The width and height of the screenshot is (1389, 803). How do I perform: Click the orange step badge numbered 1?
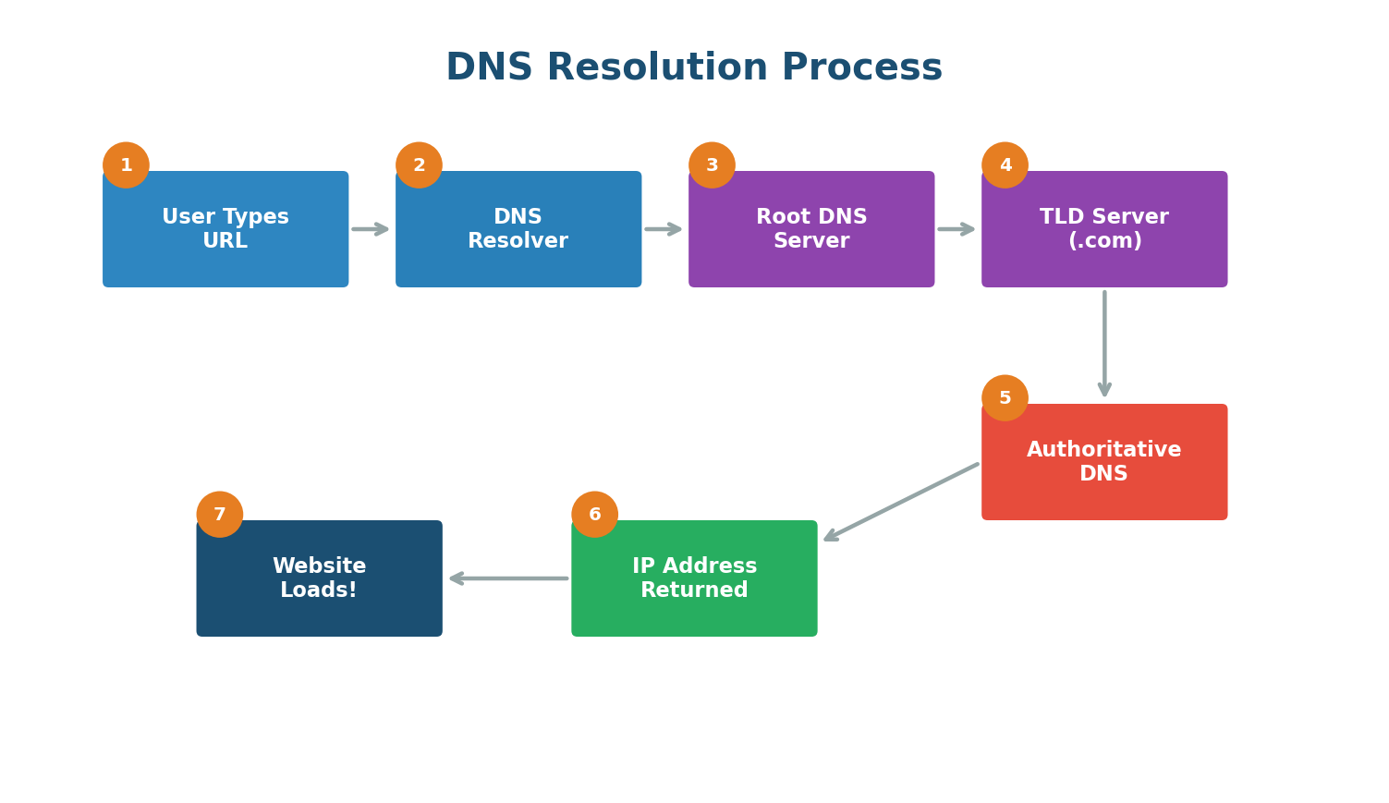126,165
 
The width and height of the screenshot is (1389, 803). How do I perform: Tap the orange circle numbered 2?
419,165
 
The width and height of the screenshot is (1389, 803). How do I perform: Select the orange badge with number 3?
712,165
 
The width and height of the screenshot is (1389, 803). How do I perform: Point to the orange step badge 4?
1005,165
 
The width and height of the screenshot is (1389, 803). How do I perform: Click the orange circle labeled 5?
1005,398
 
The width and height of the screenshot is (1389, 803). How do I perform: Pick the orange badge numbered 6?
594,515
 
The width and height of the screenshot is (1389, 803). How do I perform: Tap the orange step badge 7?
219,515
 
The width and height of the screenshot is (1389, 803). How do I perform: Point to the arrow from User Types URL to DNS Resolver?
370,229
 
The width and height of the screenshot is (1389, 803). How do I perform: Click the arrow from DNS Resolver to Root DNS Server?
663,229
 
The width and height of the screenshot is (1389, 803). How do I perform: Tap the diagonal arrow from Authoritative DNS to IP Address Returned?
901,502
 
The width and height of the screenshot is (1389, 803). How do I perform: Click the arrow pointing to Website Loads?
508,578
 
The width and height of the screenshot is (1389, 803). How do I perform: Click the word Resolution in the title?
657,68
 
